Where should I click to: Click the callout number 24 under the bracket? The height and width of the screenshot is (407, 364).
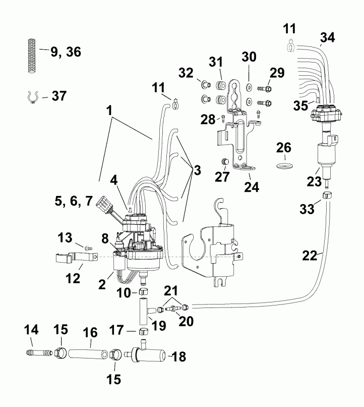[x=251, y=187]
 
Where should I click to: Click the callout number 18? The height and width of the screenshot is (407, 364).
[x=178, y=357]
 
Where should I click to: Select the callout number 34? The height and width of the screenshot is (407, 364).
[x=327, y=36]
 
